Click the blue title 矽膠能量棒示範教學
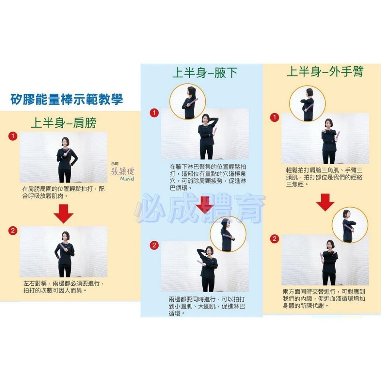67,99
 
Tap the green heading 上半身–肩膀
64,123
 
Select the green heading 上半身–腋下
205,73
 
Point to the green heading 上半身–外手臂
325,72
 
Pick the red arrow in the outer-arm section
325,202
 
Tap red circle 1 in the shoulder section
13,136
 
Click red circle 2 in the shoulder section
13,231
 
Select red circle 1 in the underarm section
154,113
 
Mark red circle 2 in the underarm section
154,245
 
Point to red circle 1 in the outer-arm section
275,118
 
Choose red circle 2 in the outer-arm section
275,239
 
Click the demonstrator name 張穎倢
123,171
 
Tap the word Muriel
127,179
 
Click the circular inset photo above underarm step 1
187,102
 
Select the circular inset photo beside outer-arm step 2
350,225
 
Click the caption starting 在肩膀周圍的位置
63,192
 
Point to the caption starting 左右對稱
64,287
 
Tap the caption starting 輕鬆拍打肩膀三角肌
324,177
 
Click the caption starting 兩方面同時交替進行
323,298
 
